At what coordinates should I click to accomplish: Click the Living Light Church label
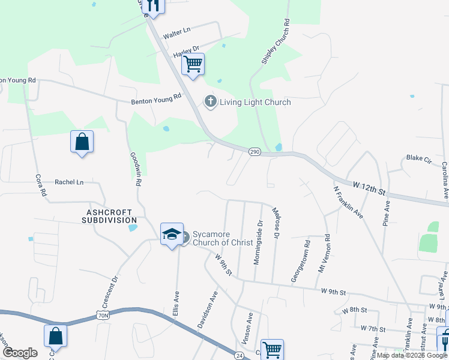click(x=255, y=102)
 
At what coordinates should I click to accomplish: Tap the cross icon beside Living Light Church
click(x=210, y=101)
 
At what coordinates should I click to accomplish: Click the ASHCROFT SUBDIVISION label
click(x=110, y=216)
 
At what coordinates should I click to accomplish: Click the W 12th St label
click(x=369, y=189)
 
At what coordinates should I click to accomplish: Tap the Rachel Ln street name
click(x=69, y=182)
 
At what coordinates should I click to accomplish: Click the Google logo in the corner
click(x=20, y=353)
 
